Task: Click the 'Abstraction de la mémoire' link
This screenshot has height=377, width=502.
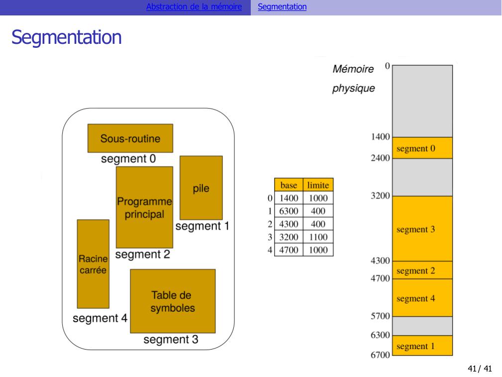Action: (194, 7)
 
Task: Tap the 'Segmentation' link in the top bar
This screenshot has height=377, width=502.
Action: (282, 7)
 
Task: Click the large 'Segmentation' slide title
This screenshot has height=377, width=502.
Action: (67, 37)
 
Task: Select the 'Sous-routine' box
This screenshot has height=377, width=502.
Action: (130, 138)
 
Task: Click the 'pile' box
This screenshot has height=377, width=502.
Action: (201, 188)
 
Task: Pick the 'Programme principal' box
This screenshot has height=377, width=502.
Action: (144, 207)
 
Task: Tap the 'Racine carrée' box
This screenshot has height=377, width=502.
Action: (93, 264)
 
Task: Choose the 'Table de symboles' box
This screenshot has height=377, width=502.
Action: (173, 301)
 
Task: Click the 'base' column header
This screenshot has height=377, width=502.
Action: (289, 185)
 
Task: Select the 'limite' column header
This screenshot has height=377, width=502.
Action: (318, 185)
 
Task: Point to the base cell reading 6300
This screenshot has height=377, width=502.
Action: (289, 211)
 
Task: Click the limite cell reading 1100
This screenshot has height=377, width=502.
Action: (318, 237)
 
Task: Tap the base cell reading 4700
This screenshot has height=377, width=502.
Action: (289, 250)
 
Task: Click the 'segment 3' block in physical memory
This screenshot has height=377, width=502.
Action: (422, 229)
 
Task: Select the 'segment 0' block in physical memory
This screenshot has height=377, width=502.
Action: (422, 148)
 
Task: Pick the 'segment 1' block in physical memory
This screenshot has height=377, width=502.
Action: (422, 346)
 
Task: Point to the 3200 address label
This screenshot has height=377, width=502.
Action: (380, 196)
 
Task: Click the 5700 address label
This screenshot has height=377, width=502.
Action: (380, 316)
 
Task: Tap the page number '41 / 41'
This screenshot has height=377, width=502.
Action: (480, 369)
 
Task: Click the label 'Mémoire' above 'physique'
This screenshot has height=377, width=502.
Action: (353, 69)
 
